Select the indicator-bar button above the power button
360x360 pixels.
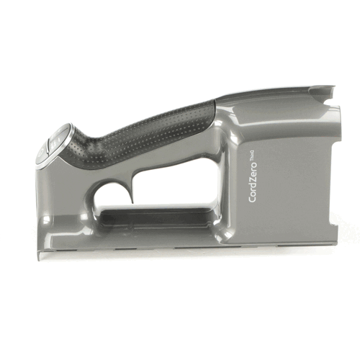pos(56,134)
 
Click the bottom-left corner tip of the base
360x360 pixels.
pos(38,254)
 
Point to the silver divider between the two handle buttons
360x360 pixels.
pos(48,143)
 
